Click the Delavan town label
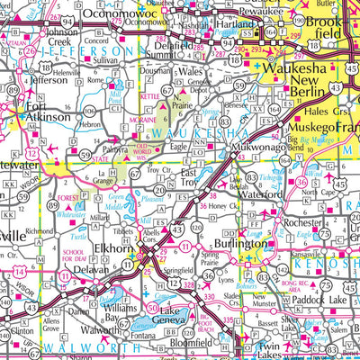tap(90, 269)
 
